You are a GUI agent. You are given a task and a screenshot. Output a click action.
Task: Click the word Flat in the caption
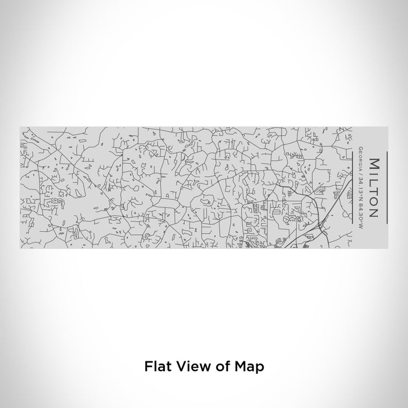[x=156, y=367]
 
